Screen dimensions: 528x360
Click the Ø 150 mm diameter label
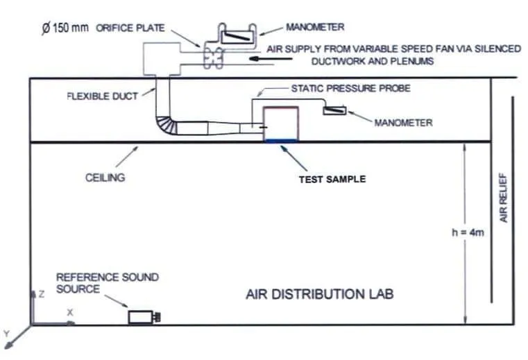coord(65,28)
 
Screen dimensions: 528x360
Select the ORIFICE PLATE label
coord(130,28)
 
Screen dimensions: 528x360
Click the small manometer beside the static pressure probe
coord(334,110)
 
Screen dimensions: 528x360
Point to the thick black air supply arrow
coord(271,58)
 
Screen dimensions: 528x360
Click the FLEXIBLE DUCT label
coord(103,96)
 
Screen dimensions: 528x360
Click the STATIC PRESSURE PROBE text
coord(351,88)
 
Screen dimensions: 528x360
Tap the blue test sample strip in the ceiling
coord(281,141)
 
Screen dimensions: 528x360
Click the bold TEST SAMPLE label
coord(332,179)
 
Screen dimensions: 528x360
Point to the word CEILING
coord(105,178)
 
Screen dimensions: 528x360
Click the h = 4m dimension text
coord(468,232)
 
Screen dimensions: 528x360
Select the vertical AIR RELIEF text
coord(503,198)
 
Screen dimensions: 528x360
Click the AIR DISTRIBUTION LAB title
coord(320,294)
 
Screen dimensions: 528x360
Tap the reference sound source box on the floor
coord(144,317)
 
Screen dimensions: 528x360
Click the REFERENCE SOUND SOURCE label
coord(108,283)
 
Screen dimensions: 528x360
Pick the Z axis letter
coord(42,294)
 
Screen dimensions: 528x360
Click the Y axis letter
coord(6,334)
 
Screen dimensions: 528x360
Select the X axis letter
coord(70,313)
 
